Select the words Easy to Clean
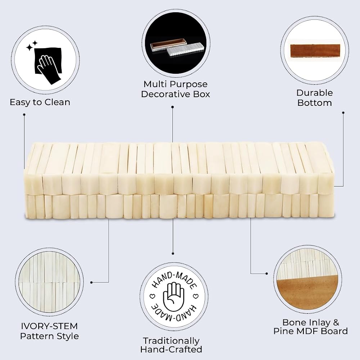40,102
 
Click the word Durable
314,93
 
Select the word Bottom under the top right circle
315,103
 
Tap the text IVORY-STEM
49,326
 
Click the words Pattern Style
49,336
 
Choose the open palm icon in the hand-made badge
174,296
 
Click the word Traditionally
171,341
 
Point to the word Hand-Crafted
171,350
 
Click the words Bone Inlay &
311,322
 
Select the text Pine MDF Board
311,331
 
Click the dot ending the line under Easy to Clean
24,114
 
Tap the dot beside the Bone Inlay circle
266,274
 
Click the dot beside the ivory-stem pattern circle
91,282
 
